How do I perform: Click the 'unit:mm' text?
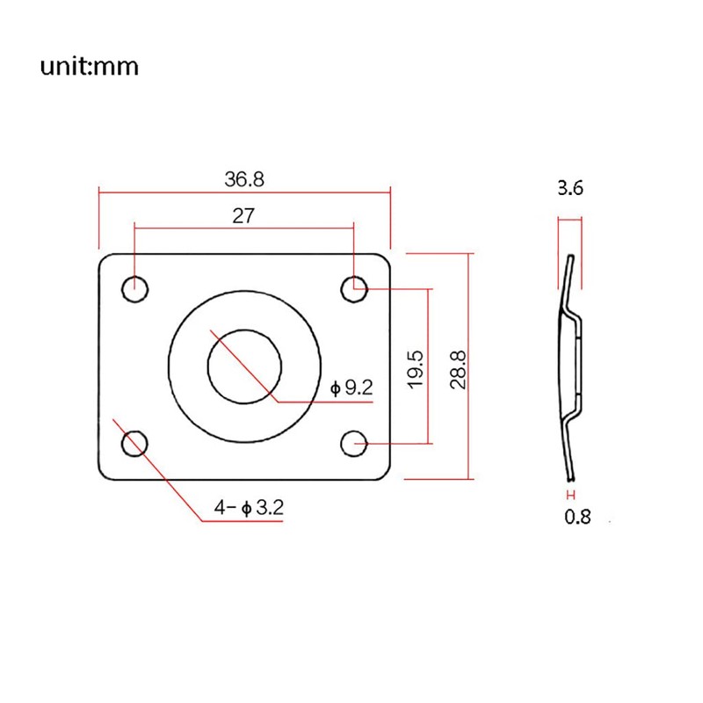pos(89,67)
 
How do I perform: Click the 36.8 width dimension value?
pos(243,179)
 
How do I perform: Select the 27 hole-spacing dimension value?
pos(243,216)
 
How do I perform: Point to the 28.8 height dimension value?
pos(456,368)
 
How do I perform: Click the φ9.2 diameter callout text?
pos(351,387)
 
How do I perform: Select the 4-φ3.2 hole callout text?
pos(248,507)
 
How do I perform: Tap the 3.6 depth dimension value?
pos(569,188)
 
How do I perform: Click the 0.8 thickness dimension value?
pos(576,517)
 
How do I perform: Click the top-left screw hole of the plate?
pos(136,287)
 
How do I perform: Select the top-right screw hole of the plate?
pos(354,287)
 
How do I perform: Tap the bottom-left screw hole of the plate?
pos(135,443)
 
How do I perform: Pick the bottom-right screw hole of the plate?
pos(354,444)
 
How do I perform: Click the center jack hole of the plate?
pos(244,366)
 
